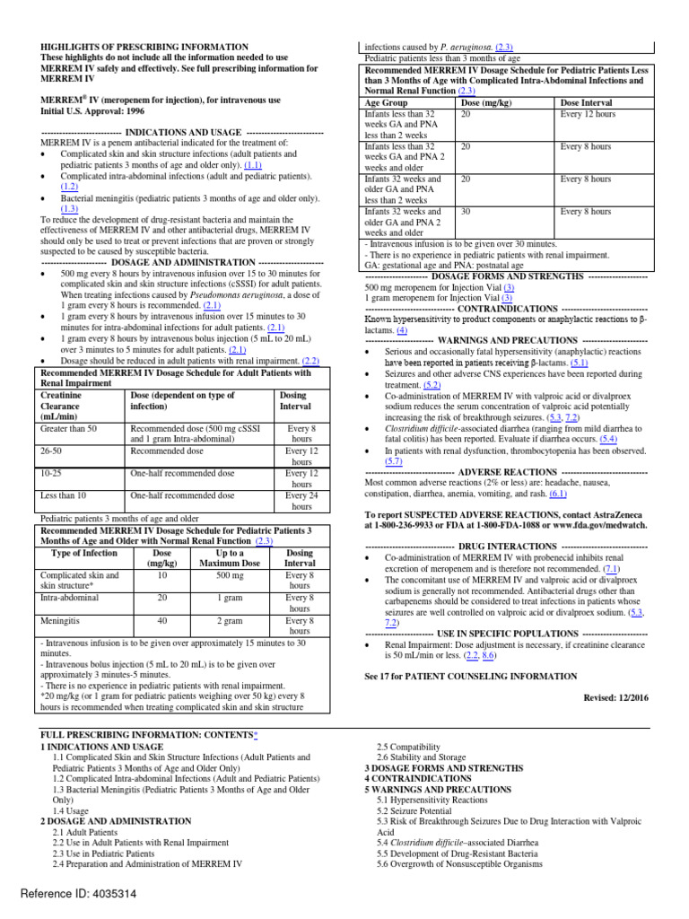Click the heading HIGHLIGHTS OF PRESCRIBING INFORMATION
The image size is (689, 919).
click(144, 47)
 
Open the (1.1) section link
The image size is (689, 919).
click(253, 165)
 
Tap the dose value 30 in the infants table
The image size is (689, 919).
click(466, 212)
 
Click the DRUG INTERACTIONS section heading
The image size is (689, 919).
click(506, 546)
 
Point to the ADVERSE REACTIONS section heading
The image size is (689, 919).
click(506, 471)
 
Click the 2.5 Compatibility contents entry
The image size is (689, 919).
click(407, 747)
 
